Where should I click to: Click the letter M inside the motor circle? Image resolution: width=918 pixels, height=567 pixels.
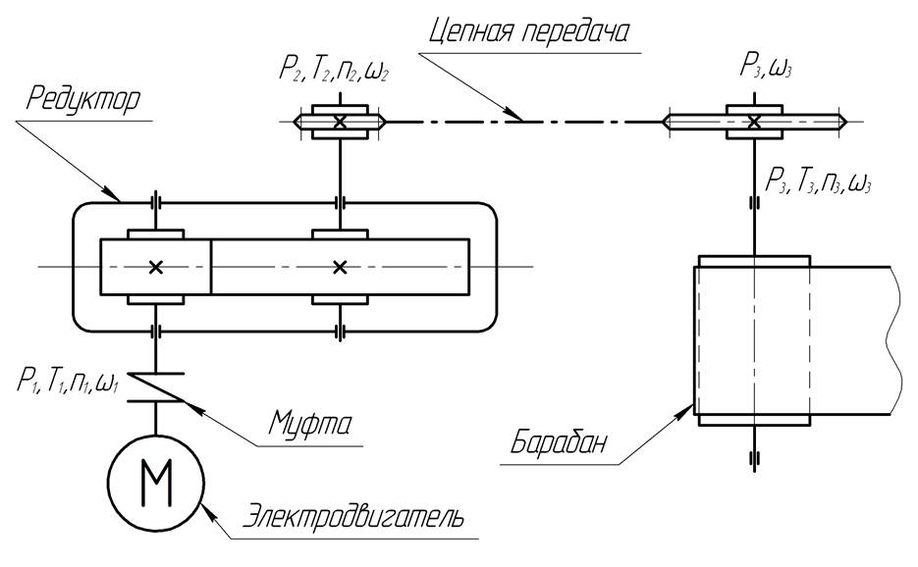click(156, 483)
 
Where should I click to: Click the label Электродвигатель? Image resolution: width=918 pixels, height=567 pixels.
click(353, 517)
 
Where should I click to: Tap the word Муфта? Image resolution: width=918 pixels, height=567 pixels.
click(310, 424)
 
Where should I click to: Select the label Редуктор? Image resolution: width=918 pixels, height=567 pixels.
click(83, 99)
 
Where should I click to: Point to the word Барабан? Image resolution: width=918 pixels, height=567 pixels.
click(558, 442)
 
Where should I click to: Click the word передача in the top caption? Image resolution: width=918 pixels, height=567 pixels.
click(575, 31)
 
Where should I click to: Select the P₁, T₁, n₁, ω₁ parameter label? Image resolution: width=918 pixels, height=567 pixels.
click(69, 383)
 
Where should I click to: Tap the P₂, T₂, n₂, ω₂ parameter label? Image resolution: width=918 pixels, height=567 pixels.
click(334, 71)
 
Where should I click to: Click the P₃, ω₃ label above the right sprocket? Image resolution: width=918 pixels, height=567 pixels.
click(766, 67)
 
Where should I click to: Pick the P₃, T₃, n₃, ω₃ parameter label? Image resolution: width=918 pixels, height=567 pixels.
click(819, 180)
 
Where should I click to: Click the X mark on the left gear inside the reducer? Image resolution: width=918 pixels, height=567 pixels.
click(156, 268)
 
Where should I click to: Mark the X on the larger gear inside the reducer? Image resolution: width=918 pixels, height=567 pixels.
click(340, 268)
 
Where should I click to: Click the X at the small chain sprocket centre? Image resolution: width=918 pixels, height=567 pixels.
click(340, 122)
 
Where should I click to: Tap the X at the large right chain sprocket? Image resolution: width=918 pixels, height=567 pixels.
click(754, 122)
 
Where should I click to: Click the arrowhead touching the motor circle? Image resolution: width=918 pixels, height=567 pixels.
click(209, 512)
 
